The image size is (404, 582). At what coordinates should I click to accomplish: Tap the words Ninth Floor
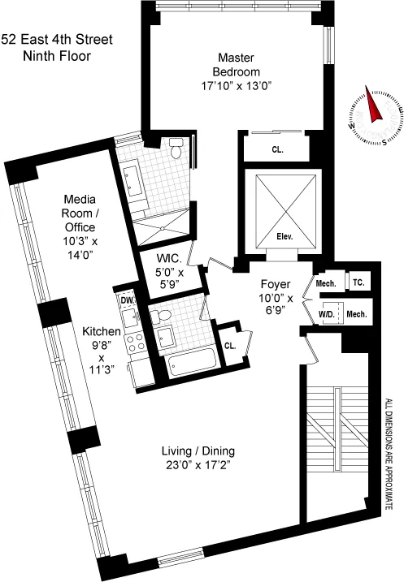tap(56, 56)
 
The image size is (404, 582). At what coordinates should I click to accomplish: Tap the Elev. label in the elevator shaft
tap(285, 237)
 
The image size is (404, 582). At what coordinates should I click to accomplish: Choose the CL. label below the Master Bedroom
tap(276, 149)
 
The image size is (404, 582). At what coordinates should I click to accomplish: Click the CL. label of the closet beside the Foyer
tap(230, 344)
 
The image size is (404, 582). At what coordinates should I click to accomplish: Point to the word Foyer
tap(275, 285)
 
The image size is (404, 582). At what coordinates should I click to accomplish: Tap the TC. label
tap(358, 282)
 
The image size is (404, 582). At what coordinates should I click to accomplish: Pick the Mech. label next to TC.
tap(325, 283)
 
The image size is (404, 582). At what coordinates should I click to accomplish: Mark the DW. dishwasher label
tap(126, 300)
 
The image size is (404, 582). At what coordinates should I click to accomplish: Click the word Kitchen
tap(102, 332)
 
